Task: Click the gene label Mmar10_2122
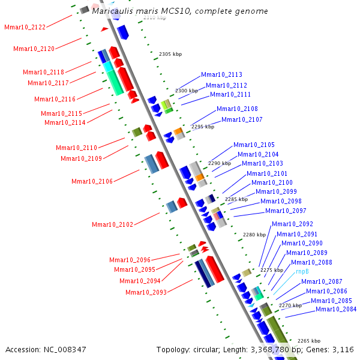(x=25, y=28)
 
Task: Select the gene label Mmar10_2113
(x=221, y=75)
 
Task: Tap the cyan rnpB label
(x=302, y=272)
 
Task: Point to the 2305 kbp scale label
(x=170, y=55)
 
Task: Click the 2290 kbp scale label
(x=219, y=163)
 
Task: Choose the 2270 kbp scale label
(x=290, y=306)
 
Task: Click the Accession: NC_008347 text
(x=46, y=349)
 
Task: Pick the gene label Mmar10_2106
(x=92, y=181)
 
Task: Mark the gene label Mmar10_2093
(x=146, y=292)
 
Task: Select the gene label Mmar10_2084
(x=336, y=310)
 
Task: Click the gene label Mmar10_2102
(x=112, y=225)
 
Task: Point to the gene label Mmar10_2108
(x=237, y=109)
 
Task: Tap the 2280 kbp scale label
(x=253, y=235)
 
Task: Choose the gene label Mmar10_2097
(x=286, y=211)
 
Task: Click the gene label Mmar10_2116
(x=55, y=100)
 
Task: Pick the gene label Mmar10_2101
(x=267, y=174)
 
